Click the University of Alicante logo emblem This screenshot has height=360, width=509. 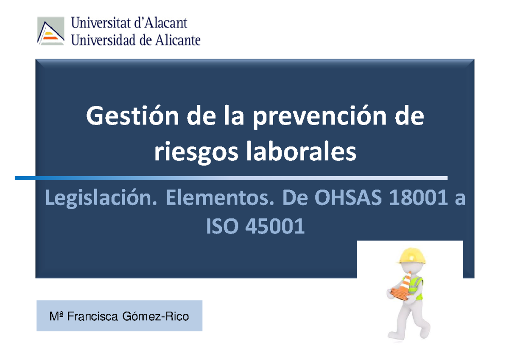tap(51, 31)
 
